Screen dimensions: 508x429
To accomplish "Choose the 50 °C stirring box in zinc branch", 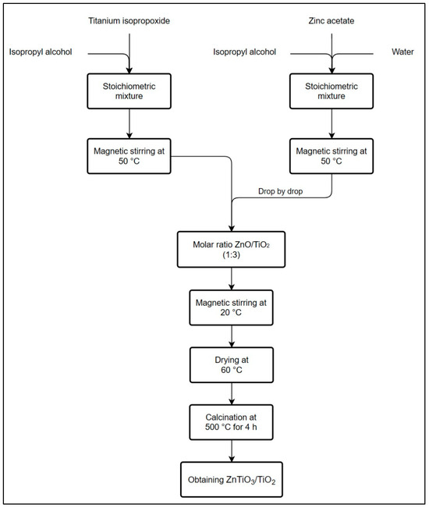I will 333,155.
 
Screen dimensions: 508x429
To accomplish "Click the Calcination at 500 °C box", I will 231,421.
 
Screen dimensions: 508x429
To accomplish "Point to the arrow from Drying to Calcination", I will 231,392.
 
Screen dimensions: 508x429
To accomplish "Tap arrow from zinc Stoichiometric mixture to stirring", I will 333,125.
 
